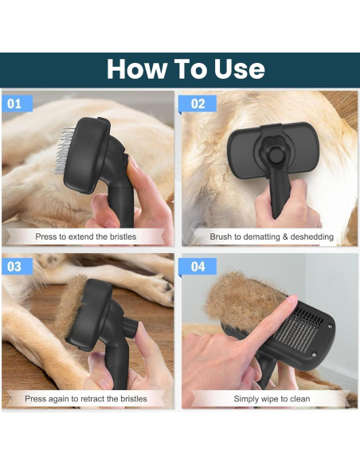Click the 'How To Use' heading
tap(186, 69)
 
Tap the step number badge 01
tap(16, 104)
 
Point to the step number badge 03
tap(16, 266)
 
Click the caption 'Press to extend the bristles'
tap(86, 236)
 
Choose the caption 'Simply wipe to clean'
tap(271, 398)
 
